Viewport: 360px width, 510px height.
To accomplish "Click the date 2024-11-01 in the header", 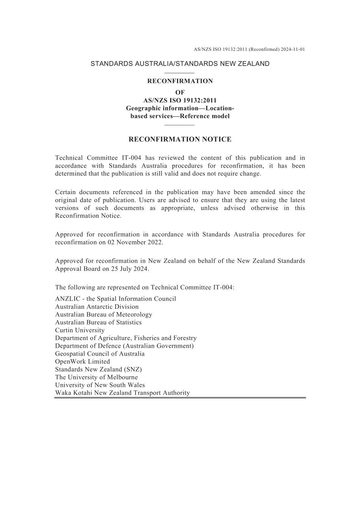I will tap(293, 49).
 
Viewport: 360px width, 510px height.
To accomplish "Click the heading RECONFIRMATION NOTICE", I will tap(180, 139).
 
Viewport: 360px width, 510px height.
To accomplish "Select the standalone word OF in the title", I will tap(180, 93).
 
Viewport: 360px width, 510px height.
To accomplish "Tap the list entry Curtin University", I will tap(80, 330).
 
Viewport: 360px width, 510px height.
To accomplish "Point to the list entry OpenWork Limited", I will tap(82, 362).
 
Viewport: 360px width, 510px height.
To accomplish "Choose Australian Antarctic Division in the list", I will tap(97, 307).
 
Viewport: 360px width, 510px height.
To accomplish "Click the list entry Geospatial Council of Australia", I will tap(100, 354).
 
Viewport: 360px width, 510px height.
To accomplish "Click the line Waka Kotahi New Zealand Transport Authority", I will tap(122, 393).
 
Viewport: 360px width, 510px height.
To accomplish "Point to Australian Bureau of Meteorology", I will tap(103, 315).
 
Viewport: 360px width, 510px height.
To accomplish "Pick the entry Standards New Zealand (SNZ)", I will tap(98, 369).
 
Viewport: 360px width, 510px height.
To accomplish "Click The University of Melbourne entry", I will tap(96, 377).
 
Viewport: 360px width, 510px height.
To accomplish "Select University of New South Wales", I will tap(100, 385).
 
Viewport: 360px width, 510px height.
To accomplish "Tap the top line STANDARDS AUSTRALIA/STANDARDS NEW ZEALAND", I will tap(180, 64).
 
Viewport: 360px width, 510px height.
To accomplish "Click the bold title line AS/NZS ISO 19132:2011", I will tap(180, 100).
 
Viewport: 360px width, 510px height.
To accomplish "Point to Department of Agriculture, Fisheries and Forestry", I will tap(126, 338).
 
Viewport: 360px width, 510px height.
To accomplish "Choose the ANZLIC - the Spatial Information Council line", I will tap(116, 299).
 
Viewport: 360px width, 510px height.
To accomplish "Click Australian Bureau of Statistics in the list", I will tap(98, 322).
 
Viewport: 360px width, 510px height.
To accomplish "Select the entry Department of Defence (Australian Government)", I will tap(124, 346).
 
